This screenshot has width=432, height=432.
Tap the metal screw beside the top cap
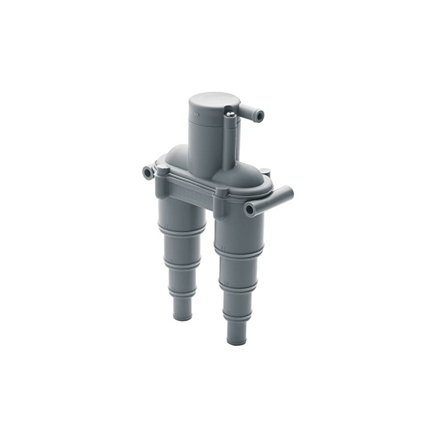(x=231, y=114)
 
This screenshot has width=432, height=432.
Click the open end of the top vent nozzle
(x=260, y=116)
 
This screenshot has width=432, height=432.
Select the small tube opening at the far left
(x=147, y=173)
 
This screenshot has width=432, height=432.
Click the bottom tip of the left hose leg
(x=182, y=316)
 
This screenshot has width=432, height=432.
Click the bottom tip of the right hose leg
(x=236, y=341)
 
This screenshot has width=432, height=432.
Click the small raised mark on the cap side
(x=196, y=115)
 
